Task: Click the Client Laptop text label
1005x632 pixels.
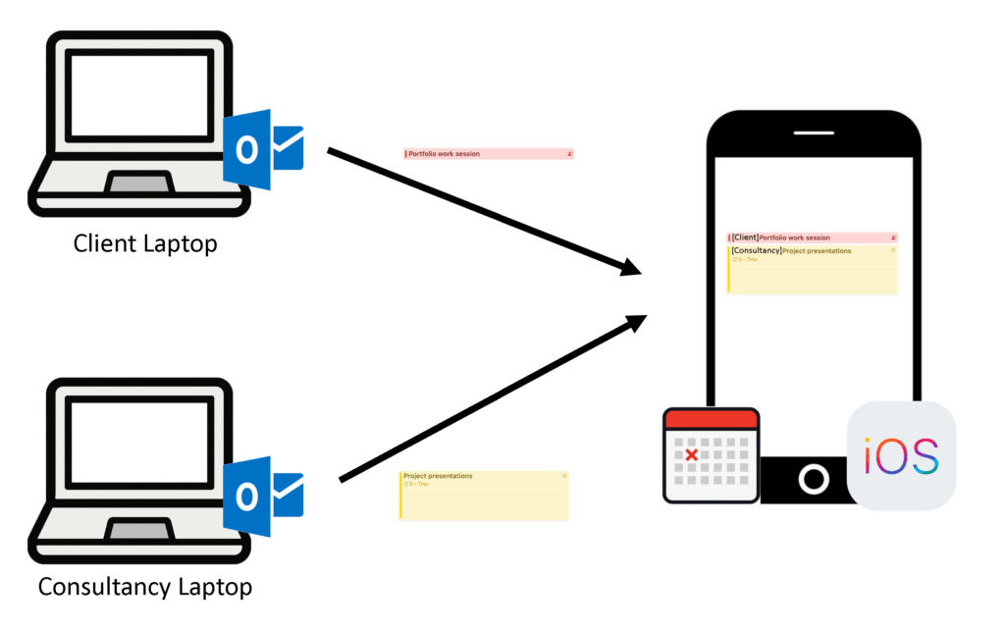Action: click(x=145, y=242)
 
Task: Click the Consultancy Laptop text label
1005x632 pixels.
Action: click(x=145, y=587)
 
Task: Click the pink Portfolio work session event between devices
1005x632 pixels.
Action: click(x=488, y=154)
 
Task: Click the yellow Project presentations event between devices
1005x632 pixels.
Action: click(x=484, y=495)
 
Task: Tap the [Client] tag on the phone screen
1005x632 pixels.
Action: click(x=745, y=237)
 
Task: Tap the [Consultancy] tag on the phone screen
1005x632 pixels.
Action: click(x=756, y=250)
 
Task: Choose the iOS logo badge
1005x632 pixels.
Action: click(x=901, y=455)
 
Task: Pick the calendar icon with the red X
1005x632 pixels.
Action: click(x=712, y=455)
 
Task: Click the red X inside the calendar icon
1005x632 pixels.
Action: click(x=691, y=455)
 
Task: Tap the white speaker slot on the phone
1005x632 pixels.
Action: click(x=814, y=132)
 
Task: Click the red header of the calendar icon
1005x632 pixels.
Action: click(x=712, y=419)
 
